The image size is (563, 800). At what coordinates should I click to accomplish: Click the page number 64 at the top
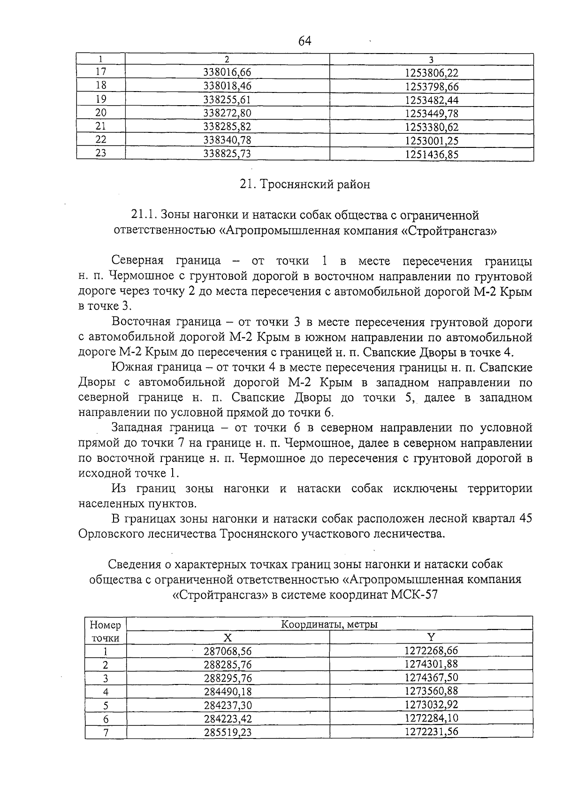pos(304,41)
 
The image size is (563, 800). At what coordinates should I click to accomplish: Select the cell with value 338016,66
pos(227,72)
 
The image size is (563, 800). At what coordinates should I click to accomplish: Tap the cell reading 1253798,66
pos(431,86)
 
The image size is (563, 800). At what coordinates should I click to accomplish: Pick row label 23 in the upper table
pos(101,153)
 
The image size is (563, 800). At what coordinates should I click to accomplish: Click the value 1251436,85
pos(431,154)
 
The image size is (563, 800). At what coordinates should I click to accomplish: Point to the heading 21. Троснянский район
pos(304,185)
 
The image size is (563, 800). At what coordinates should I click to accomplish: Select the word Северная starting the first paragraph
pos(137,261)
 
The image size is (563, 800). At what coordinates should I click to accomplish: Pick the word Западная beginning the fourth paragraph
pos(137,428)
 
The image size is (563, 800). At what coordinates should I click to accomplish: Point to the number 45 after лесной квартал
pos(525,519)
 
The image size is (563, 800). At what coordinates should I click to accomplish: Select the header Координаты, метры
pos(329,624)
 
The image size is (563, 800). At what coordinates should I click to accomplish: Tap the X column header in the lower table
pos(227,638)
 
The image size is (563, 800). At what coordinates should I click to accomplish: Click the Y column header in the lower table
pos(431,637)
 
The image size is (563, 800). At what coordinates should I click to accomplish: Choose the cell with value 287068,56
pos(228,651)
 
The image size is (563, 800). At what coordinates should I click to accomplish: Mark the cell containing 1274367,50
pos(431,677)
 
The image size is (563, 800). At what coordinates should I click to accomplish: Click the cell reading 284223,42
pos(228,719)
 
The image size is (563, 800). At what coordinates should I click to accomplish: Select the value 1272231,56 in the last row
pos(431,731)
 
